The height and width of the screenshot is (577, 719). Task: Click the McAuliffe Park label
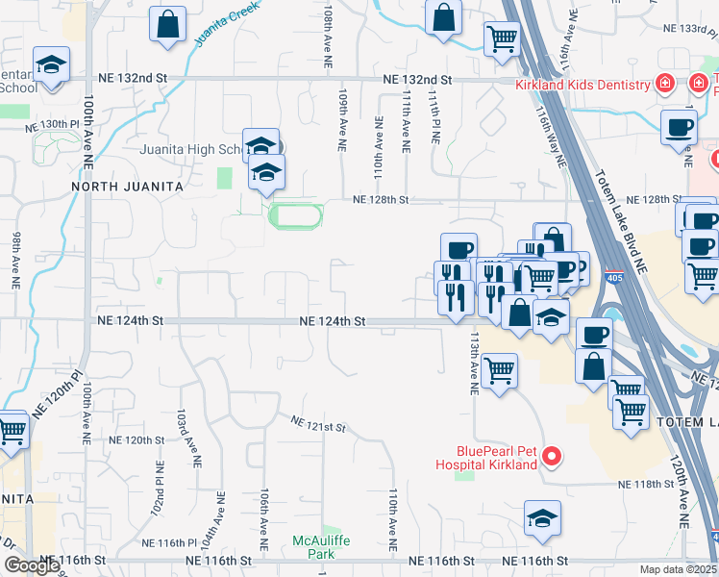tap(322, 548)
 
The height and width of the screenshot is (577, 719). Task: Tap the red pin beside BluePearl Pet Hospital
tap(552, 456)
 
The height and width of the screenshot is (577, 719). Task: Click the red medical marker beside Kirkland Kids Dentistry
tap(663, 85)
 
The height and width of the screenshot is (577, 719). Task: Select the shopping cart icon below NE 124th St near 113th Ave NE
tap(499, 369)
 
